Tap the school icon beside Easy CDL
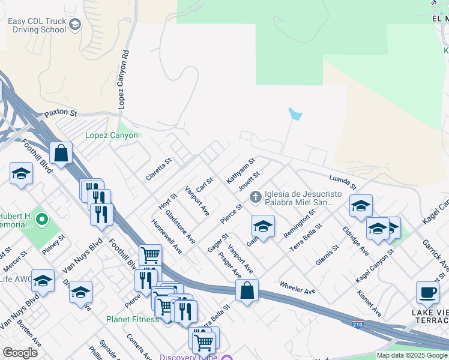(75, 25)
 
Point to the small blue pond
(294, 113)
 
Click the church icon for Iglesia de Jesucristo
(256, 196)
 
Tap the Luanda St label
(343, 179)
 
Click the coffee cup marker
(427, 292)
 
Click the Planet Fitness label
(133, 319)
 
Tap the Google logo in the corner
(20, 353)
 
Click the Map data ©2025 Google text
(412, 355)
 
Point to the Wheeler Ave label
(297, 287)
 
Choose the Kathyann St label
(241, 170)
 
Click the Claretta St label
(159, 170)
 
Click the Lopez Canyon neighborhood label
(112, 135)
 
